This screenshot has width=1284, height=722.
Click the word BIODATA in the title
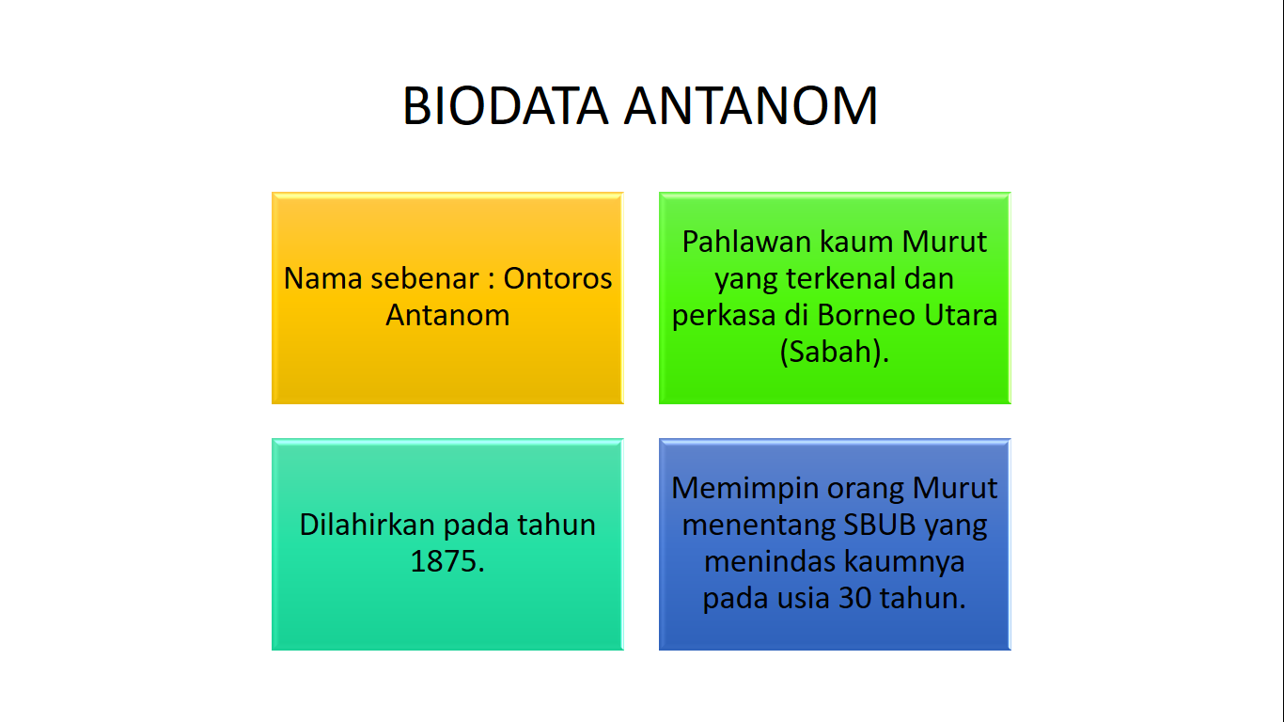pyautogui.click(x=505, y=105)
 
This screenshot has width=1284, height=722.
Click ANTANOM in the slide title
pyautogui.click(x=751, y=105)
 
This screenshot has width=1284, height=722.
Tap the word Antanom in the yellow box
pyautogui.click(x=447, y=314)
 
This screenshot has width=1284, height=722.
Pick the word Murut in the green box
pyautogui.click(x=945, y=242)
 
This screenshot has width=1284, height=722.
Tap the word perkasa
pyautogui.click(x=724, y=314)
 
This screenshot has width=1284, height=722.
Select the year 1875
pyautogui.click(x=446, y=561)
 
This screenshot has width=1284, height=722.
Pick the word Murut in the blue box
pyautogui.click(x=956, y=488)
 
